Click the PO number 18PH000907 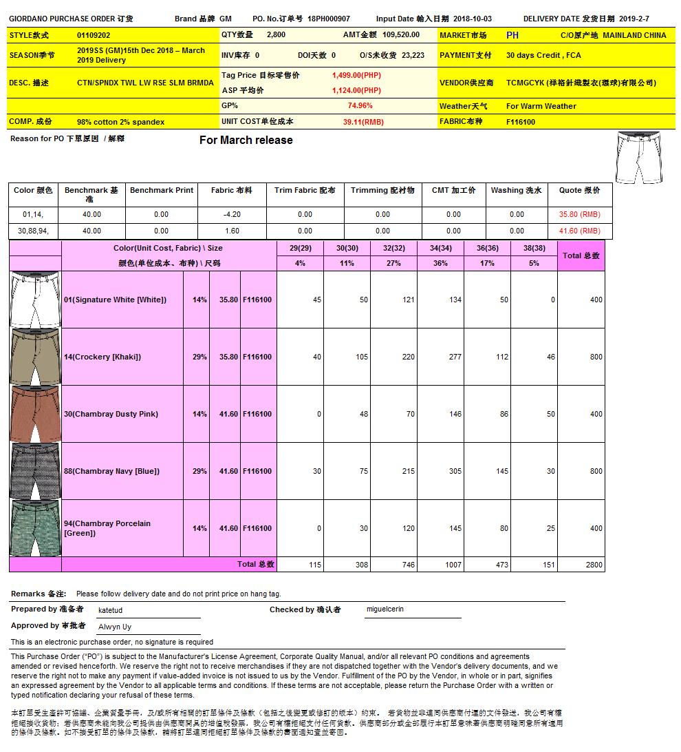coord(328,19)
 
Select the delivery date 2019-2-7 coord(634,19)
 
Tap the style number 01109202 coord(94,34)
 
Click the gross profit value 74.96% coord(360,106)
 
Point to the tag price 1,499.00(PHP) coord(356,75)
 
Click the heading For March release coord(246,140)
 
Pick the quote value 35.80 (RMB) coord(579,215)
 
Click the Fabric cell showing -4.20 coord(232,215)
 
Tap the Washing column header coord(516,191)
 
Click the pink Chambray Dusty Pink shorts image coord(35,415)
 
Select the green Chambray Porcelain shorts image coord(35,529)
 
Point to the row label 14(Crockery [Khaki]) coord(102,357)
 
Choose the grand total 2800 coord(595,565)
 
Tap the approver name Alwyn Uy coord(115,627)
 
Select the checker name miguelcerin coord(385,609)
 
